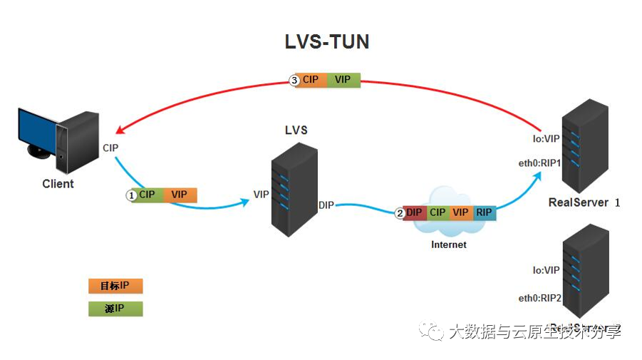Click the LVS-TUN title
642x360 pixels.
click(x=327, y=42)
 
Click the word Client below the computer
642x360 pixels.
click(x=58, y=184)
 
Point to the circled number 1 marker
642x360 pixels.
click(x=131, y=195)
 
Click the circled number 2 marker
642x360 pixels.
click(x=400, y=213)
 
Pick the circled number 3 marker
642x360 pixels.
click(x=294, y=80)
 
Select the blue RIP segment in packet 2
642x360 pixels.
click(x=485, y=212)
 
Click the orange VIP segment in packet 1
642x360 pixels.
click(x=180, y=195)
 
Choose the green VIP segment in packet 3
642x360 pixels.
click(x=343, y=80)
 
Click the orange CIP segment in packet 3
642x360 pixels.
click(x=311, y=80)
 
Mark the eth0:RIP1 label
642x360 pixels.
click(x=540, y=163)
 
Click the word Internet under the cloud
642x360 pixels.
click(x=449, y=245)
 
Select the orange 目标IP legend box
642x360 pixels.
click(x=115, y=286)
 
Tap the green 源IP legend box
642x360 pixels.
click(x=115, y=309)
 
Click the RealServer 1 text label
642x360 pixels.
click(x=584, y=202)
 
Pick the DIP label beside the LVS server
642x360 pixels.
click(x=326, y=205)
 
